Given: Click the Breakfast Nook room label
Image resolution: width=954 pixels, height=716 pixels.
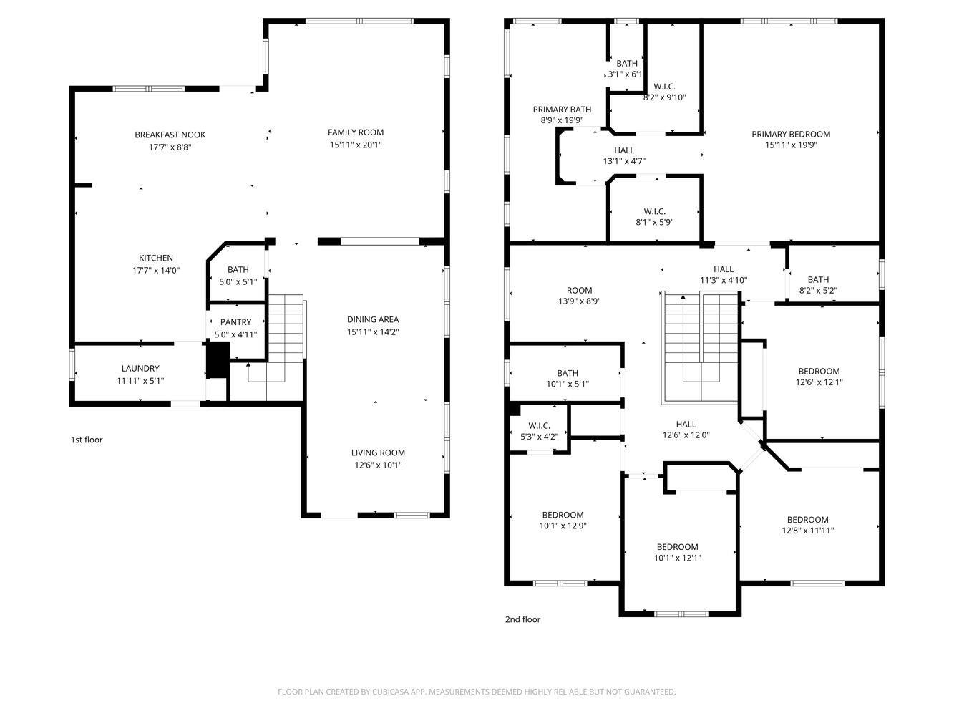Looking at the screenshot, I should tap(170, 135).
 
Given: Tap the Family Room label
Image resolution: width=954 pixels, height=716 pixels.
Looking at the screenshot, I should tap(356, 132).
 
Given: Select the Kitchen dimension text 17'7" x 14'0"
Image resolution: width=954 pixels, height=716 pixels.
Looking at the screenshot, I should tap(156, 271).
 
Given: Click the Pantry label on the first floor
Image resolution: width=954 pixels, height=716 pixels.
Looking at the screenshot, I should tap(235, 322).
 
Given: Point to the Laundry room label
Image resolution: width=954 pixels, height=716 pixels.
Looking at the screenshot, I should tap(140, 369).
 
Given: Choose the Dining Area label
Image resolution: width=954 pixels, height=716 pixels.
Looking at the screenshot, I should tap(373, 319).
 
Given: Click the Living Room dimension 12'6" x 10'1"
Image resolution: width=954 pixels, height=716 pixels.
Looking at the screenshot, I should tap(378, 465).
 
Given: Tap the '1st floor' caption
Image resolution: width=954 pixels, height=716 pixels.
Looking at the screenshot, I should tap(87, 440).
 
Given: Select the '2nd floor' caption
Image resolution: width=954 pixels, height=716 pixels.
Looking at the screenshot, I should tap(522, 619).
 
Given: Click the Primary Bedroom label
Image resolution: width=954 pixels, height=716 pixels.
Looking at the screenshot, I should tap(791, 135).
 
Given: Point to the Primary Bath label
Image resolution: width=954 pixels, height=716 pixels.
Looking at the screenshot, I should tap(562, 110).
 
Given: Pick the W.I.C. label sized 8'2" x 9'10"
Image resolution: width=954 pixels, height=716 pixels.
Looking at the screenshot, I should tap(664, 87).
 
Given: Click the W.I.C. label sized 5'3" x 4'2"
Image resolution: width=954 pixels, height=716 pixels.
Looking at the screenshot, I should tap(539, 426).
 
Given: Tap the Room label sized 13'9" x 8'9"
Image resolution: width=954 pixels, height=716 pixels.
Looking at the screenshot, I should tap(579, 290).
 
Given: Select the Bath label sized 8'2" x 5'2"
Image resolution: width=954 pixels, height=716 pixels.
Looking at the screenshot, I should tap(818, 279).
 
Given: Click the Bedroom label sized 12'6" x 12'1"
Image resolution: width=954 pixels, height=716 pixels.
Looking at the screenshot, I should tap(819, 371).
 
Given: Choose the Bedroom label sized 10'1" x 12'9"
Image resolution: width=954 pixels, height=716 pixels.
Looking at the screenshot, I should tap(563, 515).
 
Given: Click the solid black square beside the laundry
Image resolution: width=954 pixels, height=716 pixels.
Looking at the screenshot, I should tap(218, 359).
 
